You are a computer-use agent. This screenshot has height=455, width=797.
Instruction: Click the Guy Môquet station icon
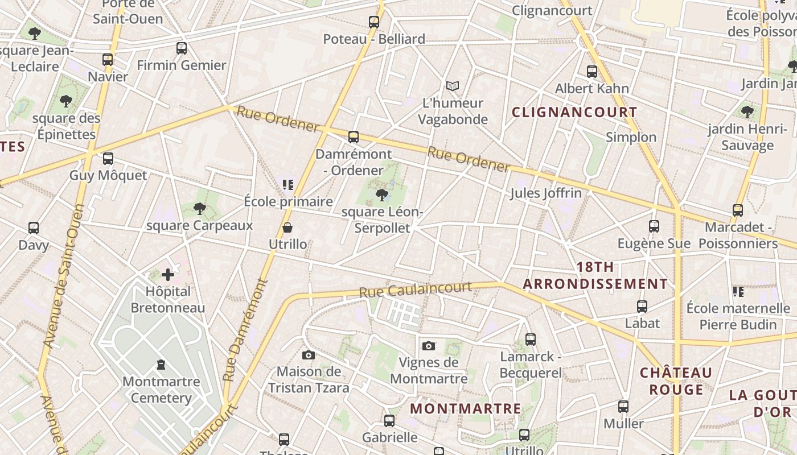pyautogui.click(x=108, y=159)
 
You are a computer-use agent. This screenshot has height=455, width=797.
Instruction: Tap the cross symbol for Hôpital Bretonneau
pyautogui.click(x=168, y=275)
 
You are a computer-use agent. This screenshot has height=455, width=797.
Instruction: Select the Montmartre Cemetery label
pyautogui.click(x=161, y=390)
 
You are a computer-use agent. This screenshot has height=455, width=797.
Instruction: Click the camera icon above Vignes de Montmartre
pyautogui.click(x=429, y=346)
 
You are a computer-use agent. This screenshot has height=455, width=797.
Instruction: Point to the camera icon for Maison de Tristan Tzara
pyautogui.click(x=309, y=355)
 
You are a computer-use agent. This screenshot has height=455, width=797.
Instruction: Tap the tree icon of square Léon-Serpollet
pyautogui.click(x=382, y=195)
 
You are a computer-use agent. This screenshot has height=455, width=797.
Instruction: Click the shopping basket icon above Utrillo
pyautogui.click(x=287, y=228)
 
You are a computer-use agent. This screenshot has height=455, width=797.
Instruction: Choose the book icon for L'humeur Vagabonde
pyautogui.click(x=453, y=86)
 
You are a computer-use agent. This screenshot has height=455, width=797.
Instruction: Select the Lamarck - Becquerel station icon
pyautogui.click(x=531, y=340)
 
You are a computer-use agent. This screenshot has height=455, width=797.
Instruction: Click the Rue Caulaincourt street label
pyautogui.click(x=416, y=289)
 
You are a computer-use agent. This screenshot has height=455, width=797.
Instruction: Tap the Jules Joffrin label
pyautogui.click(x=545, y=193)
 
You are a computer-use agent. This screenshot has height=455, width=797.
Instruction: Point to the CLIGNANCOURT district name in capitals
pyautogui.click(x=574, y=112)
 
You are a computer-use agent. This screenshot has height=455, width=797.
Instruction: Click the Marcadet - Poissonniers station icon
pyautogui.click(x=738, y=210)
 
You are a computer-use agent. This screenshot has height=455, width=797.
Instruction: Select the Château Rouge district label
pyautogui.click(x=676, y=381)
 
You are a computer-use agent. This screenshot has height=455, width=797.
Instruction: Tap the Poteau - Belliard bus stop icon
pyautogui.click(x=374, y=22)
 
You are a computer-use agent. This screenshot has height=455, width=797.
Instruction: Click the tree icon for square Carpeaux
pyautogui.click(x=199, y=209)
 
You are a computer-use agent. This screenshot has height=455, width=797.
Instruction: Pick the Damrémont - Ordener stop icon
pyautogui.click(x=354, y=137)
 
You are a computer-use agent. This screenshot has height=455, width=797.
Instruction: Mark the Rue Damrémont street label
pyautogui.click(x=246, y=330)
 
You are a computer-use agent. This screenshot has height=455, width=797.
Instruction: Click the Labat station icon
pyautogui.click(x=642, y=307)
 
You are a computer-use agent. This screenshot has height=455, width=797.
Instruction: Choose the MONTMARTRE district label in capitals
pyautogui.click(x=465, y=408)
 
